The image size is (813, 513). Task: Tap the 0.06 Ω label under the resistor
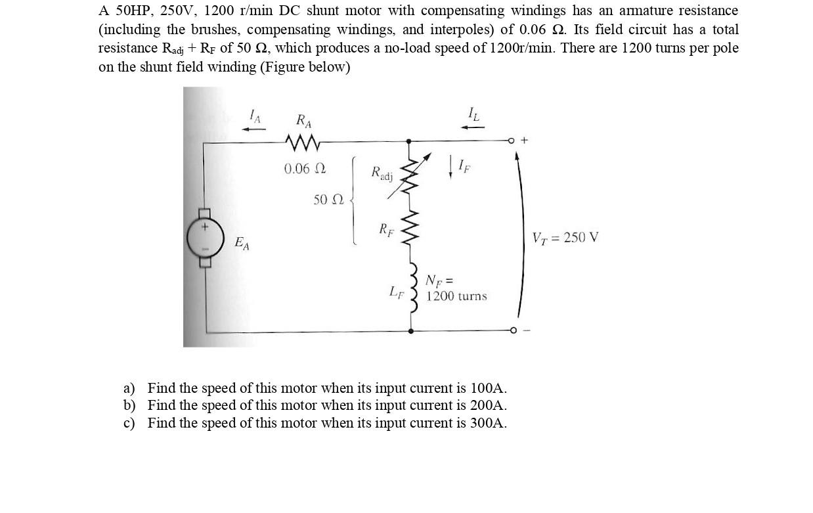(x=304, y=169)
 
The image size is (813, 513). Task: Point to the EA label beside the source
(x=242, y=244)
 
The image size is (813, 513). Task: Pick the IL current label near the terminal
(x=473, y=114)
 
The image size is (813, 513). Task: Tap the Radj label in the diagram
(x=382, y=173)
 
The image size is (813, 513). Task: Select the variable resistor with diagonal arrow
(x=412, y=175)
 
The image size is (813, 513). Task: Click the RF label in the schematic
(x=386, y=229)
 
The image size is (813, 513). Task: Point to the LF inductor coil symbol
(x=413, y=296)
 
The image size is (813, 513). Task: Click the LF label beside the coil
(x=396, y=291)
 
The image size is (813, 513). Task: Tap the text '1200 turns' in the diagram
(x=456, y=296)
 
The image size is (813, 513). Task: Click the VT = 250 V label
(x=565, y=237)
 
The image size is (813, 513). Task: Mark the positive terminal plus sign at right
(x=523, y=140)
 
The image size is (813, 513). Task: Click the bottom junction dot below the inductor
(x=411, y=331)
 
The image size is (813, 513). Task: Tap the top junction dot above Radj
(x=408, y=141)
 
